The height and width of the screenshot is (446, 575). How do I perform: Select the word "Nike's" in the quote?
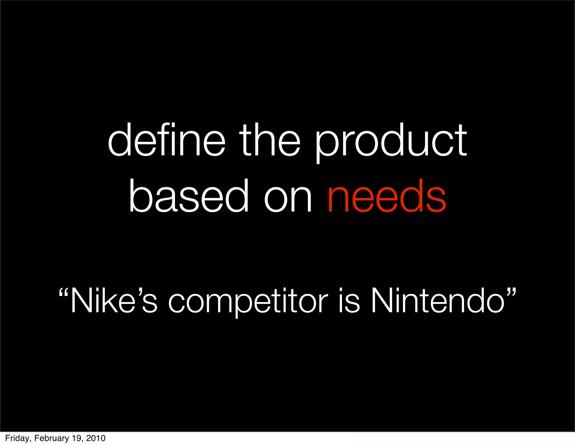(113, 301)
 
